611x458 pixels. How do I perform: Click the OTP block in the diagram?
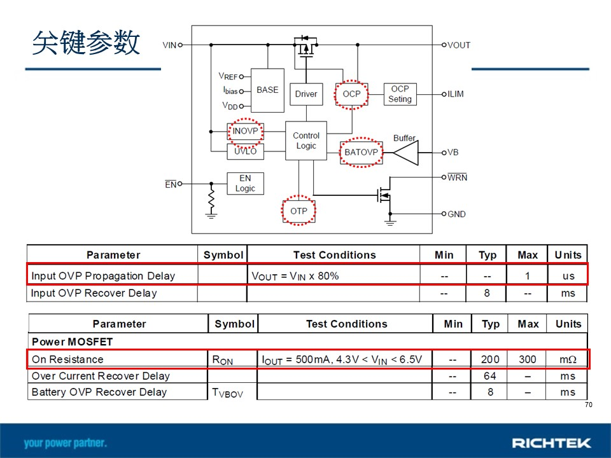pos(299,211)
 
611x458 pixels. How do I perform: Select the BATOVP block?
pos(362,152)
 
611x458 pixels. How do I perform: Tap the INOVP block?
pos(246,131)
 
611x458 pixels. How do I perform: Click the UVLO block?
pos(246,151)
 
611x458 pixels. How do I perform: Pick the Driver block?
pos(306,94)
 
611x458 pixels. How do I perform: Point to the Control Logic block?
pos(306,141)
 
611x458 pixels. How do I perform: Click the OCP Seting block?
pos(400,94)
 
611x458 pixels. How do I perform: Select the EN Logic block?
pos(246,183)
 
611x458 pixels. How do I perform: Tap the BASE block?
pos(267,90)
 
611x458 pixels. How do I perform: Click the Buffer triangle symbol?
pos(405,153)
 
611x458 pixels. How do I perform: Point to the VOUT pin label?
pos(459,45)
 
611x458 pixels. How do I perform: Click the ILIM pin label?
pos(456,94)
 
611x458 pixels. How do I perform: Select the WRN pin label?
pos(457,177)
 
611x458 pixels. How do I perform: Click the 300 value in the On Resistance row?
pos(527,359)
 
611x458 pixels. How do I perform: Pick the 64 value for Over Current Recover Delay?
pos(490,376)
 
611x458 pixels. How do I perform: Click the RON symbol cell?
pos(223,360)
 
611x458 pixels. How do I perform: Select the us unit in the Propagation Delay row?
pos(568,276)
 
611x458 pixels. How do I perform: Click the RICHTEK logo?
pos(551,443)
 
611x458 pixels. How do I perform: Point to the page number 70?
pos(588,405)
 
